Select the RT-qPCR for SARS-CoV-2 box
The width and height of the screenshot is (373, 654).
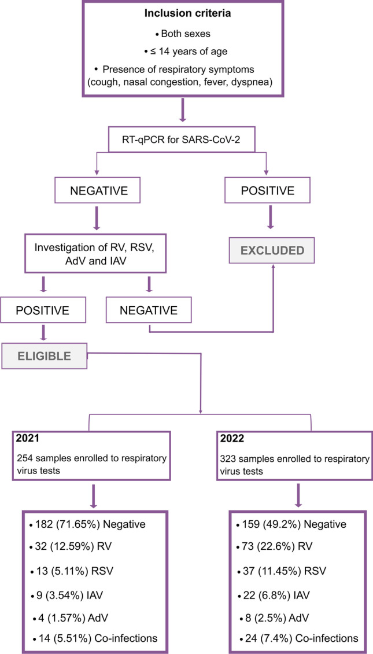(x=183, y=138)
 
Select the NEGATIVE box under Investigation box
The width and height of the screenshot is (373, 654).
(x=149, y=310)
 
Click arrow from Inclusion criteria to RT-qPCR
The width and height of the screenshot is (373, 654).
(x=183, y=109)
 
